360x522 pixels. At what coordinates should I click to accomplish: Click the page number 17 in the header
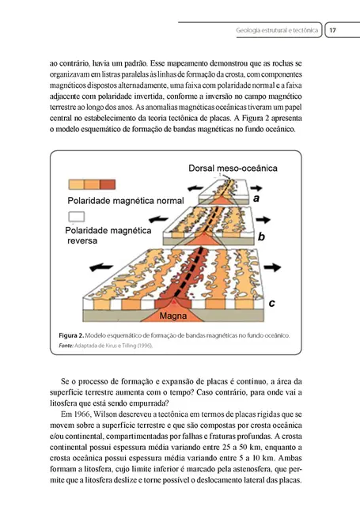333,31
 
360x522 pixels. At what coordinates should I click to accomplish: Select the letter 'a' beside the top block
256,199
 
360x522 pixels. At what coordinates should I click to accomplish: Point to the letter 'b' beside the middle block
261,236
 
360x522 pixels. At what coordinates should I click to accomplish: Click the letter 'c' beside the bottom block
271,302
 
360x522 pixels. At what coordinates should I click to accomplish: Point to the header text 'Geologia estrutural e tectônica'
277,31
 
